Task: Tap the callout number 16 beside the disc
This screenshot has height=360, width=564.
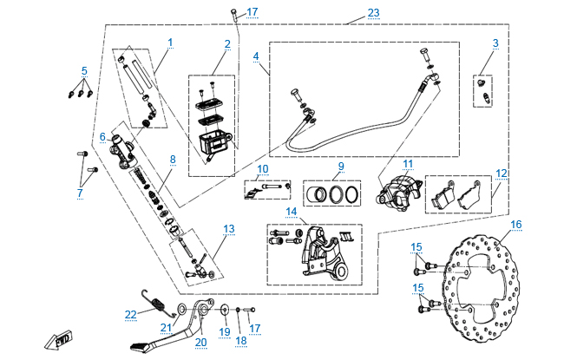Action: pos(516,224)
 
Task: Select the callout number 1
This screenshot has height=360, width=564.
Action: pos(170,42)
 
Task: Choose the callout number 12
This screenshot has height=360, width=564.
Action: pos(500,173)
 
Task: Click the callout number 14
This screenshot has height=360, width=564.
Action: pos(292,212)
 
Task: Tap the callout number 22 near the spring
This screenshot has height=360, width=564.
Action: pos(131,313)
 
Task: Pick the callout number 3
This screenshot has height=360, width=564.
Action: pos(495,43)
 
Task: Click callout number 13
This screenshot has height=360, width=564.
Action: pos(229,229)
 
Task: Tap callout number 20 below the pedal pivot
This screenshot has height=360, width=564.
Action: pos(201,342)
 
